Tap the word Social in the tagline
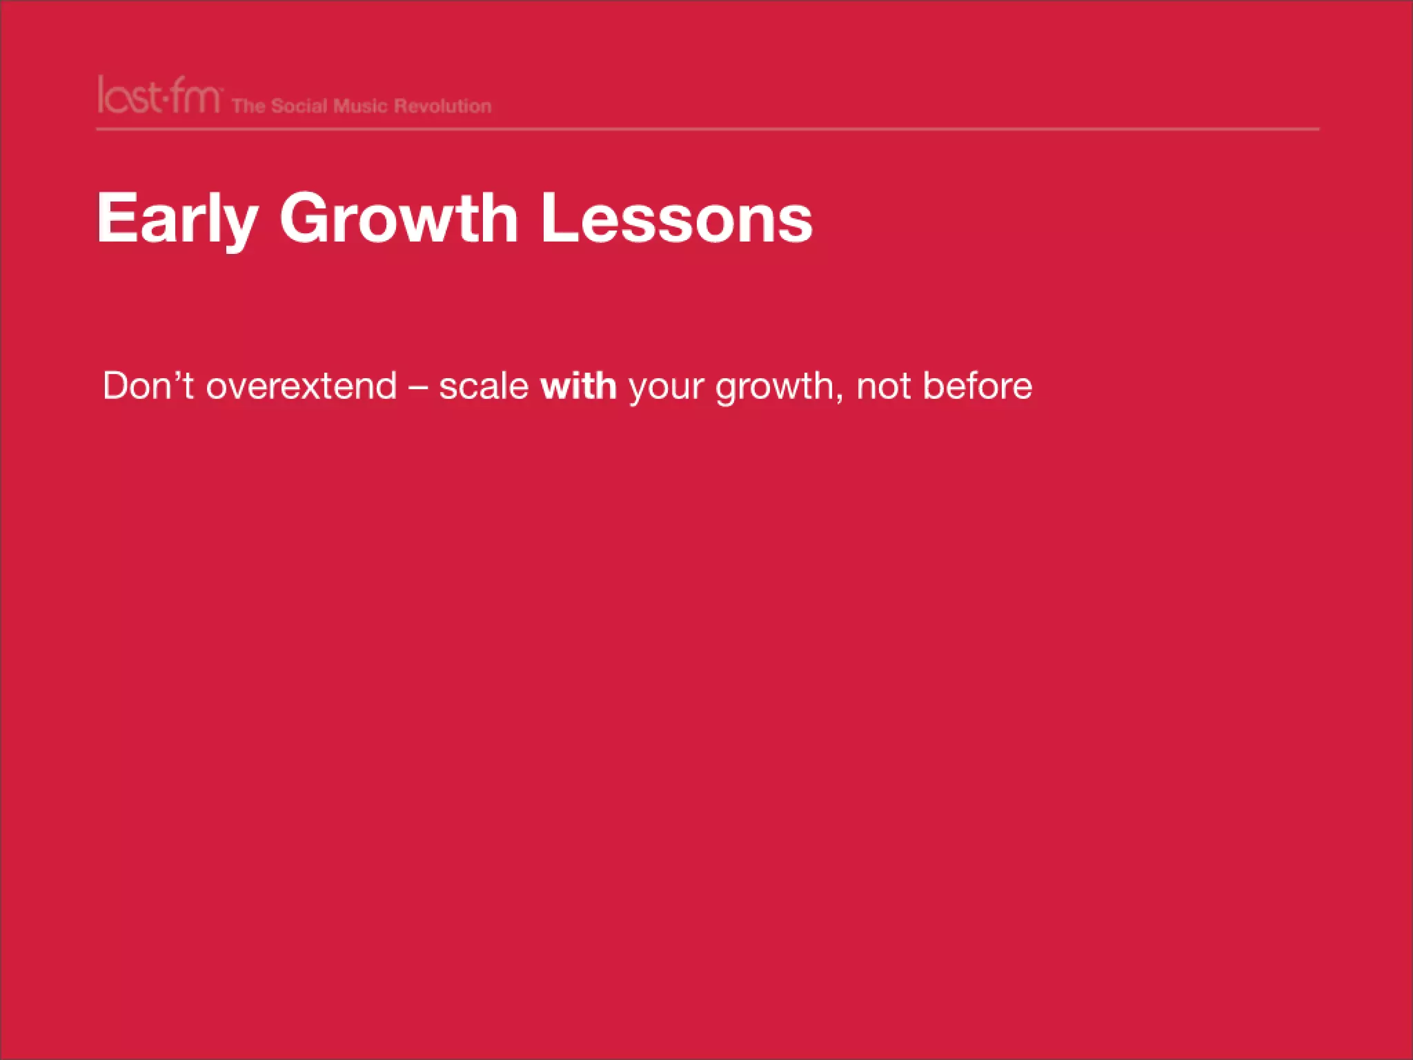tap(299, 106)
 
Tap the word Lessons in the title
tap(676, 219)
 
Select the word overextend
tap(302, 386)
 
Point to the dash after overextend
tap(418, 387)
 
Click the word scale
tap(484, 386)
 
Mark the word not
tap(883, 386)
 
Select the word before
tap(978, 386)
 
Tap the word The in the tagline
tap(248, 106)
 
